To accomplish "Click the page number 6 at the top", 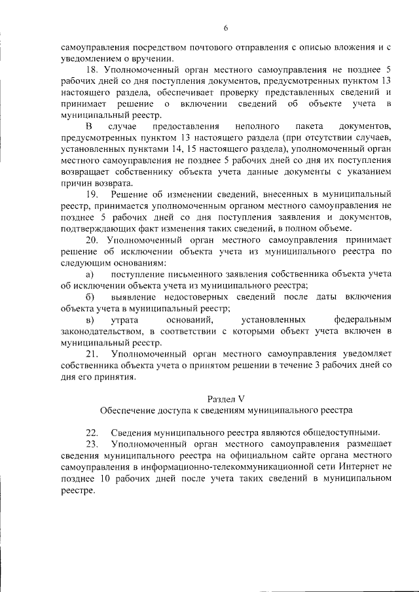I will click(225, 27).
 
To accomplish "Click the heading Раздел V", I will click(225, 399).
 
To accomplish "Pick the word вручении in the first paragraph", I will click(144, 58).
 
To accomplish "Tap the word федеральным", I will click(362, 320).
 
